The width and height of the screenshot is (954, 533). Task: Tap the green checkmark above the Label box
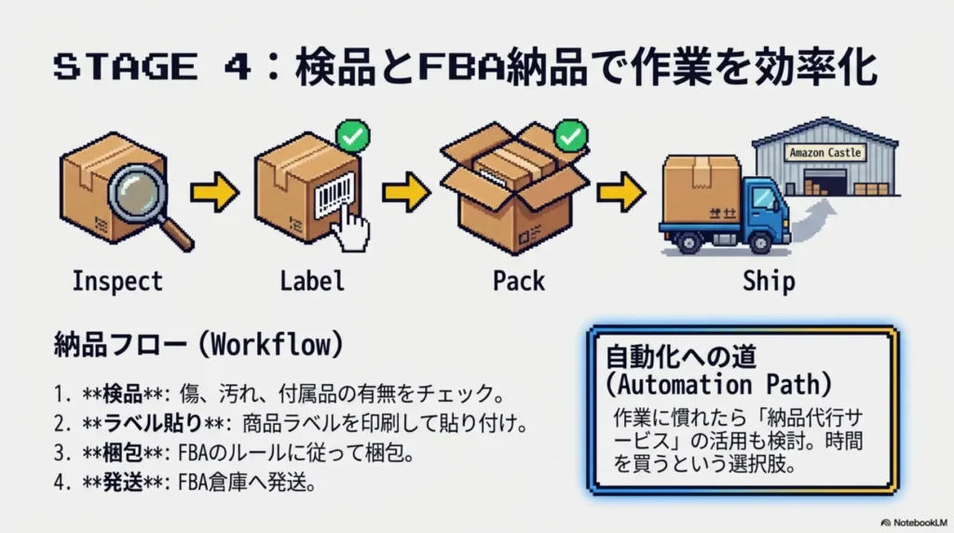tap(352, 136)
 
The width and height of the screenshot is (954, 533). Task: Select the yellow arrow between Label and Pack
tap(405, 192)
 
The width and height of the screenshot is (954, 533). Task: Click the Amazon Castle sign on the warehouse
tap(825, 152)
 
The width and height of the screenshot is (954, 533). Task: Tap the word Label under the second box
tap(312, 280)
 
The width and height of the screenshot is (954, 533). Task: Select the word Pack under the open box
tap(518, 280)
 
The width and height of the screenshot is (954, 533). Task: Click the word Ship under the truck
tap(769, 280)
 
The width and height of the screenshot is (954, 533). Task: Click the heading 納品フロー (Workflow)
tap(198, 344)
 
